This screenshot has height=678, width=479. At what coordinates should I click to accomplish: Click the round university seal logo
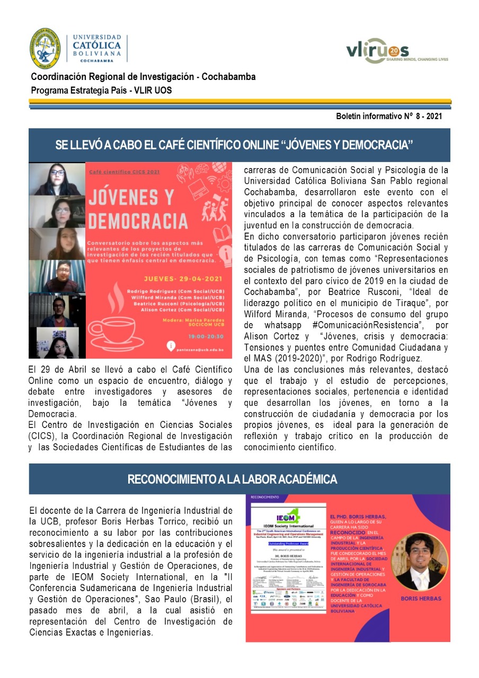pos(45,48)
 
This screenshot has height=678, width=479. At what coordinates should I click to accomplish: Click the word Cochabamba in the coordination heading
pos(229,77)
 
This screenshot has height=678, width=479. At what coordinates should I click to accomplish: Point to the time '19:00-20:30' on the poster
pos(213,335)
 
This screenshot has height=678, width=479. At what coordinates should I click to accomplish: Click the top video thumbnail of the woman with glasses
pos(57,179)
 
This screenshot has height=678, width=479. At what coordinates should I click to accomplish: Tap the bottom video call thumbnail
pos(57,343)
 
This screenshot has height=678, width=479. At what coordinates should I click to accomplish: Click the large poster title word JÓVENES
pos(131,198)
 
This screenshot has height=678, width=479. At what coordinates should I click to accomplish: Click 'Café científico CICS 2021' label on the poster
pos(117,172)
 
